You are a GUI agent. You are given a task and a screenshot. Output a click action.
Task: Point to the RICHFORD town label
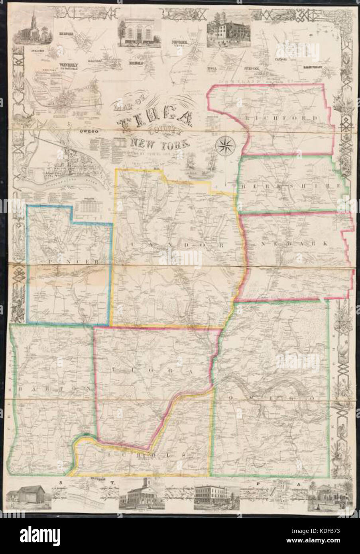click(x=287, y=118)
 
